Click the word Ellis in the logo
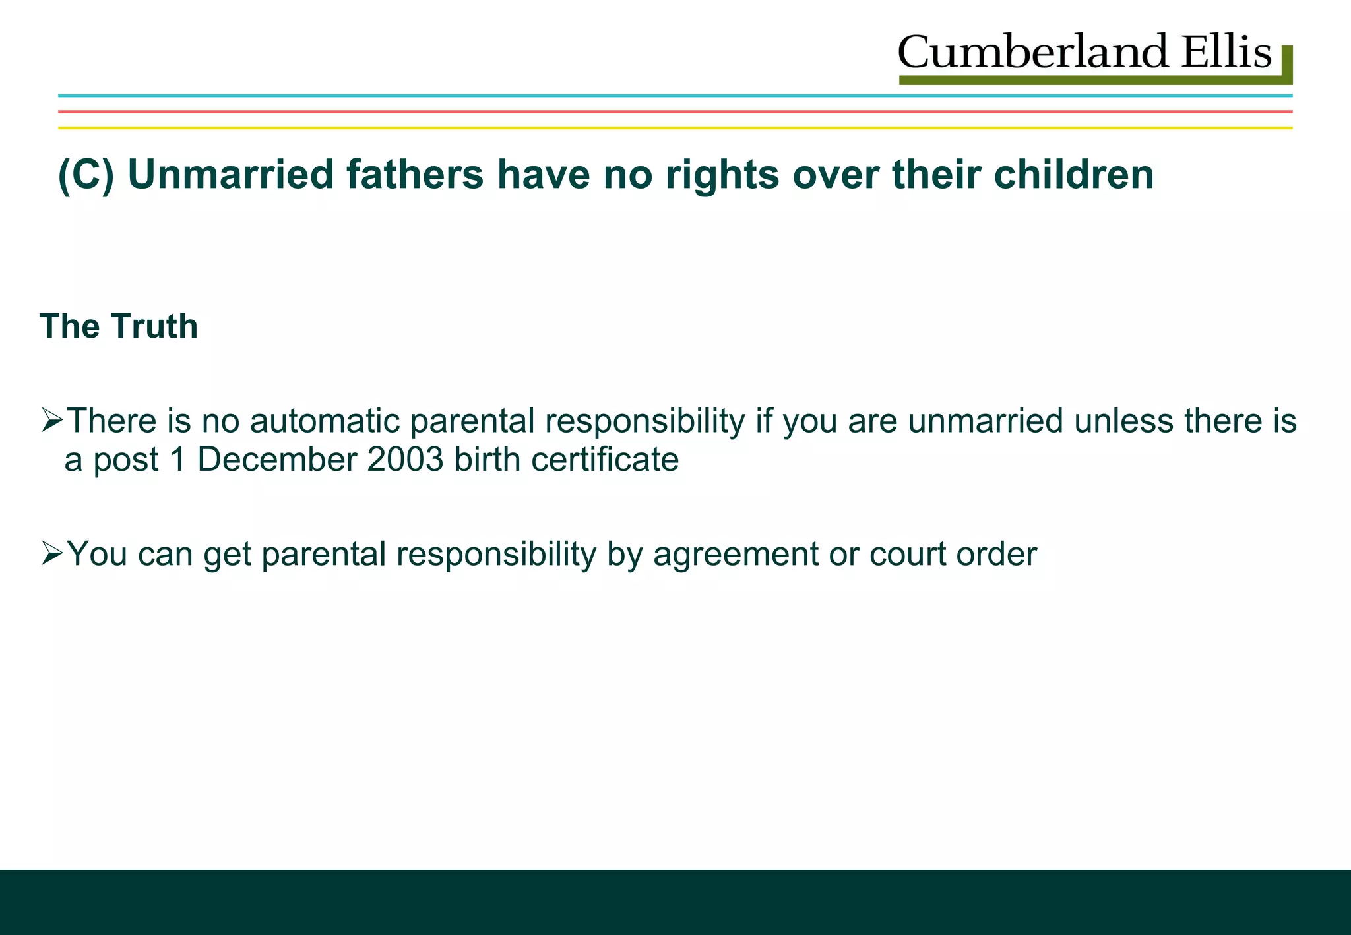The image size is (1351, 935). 1226,52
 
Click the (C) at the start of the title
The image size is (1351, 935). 86,175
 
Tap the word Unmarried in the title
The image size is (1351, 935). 231,175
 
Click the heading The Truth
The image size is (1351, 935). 119,326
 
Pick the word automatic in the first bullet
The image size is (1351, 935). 324,421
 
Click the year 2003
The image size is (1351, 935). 406,460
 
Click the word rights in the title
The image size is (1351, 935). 722,175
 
